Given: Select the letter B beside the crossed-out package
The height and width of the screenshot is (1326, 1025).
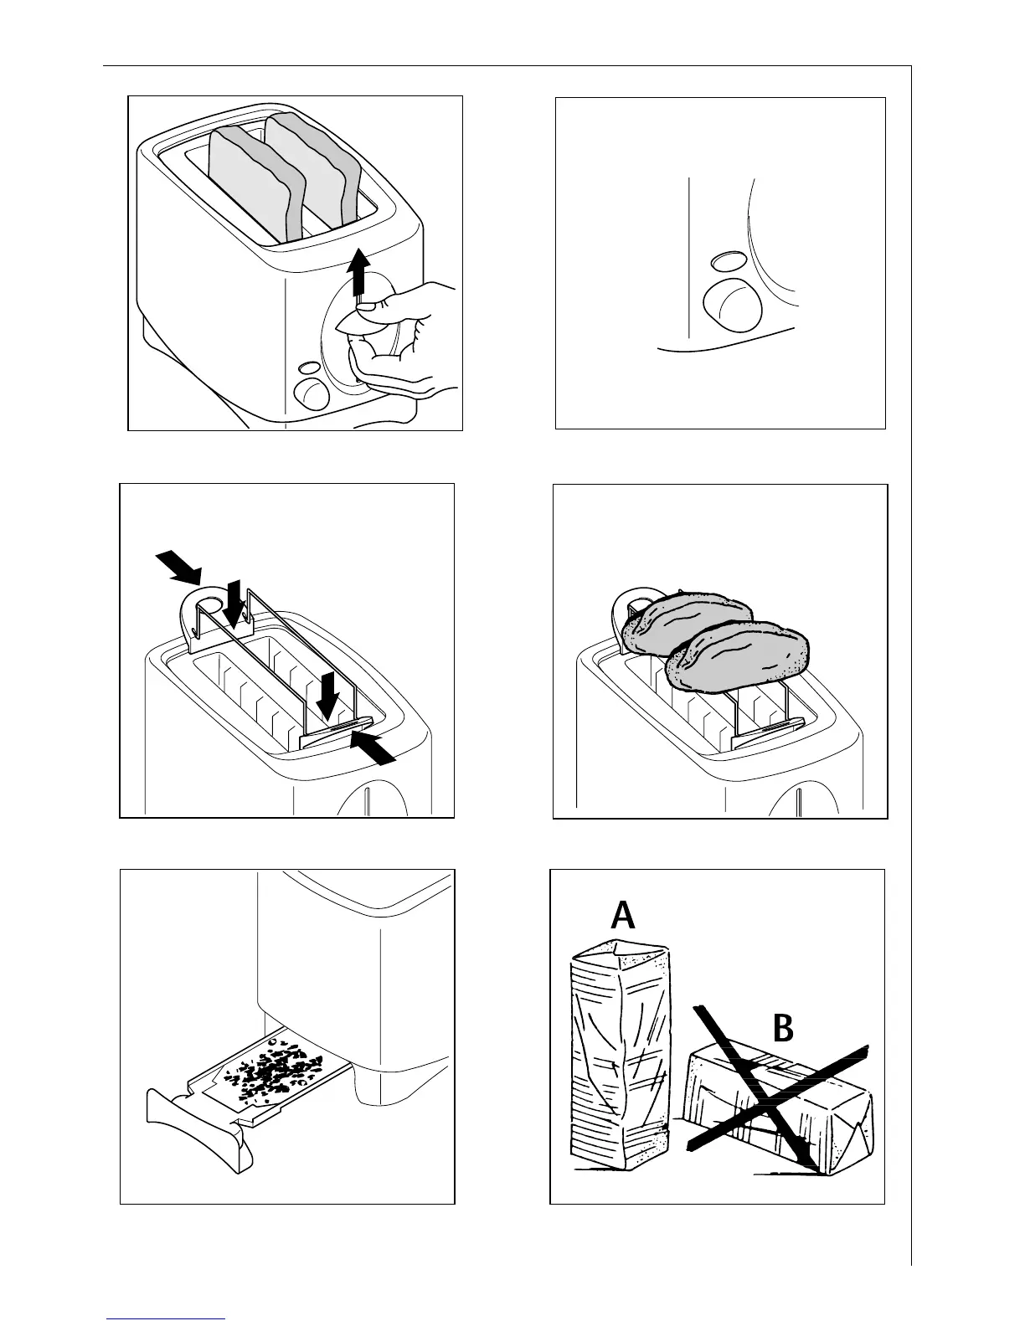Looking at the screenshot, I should pos(782,1029).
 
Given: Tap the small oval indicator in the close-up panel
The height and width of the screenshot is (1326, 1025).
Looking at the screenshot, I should pos(725,262).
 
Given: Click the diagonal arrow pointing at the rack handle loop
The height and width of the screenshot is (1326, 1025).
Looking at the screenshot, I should pos(178,566).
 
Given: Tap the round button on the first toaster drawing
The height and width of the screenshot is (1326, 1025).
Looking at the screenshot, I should pos(312,391).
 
